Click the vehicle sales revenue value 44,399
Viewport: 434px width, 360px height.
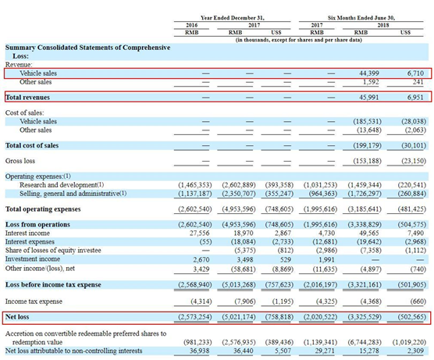[369, 73]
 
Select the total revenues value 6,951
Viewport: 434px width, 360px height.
[415, 98]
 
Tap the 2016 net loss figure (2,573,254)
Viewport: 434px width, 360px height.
[195, 317]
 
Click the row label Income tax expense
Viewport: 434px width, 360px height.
[34, 301]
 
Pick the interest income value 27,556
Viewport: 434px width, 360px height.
[200, 233]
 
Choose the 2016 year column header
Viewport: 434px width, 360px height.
[191, 25]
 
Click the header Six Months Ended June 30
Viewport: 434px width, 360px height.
[361, 18]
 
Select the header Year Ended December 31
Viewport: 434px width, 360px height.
[233, 18]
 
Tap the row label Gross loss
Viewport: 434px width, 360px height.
[20, 161]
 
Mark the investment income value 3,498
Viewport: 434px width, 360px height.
[244, 260]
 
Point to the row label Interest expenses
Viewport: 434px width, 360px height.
[30, 242]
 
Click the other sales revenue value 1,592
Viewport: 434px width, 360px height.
[371, 82]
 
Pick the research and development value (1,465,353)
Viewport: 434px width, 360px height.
[195, 185]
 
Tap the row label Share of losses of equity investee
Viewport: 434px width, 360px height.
[53, 251]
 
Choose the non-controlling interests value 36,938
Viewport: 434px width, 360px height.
[200, 351]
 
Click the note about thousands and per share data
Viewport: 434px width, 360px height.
[299, 40]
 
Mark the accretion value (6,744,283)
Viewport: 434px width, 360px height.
[365, 342]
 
